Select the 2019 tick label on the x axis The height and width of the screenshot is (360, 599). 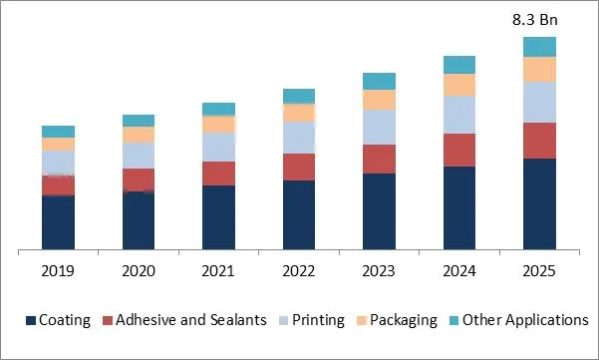(x=58, y=270)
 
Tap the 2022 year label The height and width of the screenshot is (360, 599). (x=299, y=270)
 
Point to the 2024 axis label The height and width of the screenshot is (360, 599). (x=459, y=270)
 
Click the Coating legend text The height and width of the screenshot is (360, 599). (x=65, y=320)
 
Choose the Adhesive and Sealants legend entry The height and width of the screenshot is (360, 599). (x=191, y=320)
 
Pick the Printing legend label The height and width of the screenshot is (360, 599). (x=318, y=320)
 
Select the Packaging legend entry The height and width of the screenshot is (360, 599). (x=403, y=320)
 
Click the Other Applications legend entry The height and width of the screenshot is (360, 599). (x=526, y=320)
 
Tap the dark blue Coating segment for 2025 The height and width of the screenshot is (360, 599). (x=539, y=203)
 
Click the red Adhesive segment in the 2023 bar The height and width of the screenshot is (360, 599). (x=379, y=159)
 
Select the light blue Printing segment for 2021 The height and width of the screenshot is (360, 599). (x=218, y=147)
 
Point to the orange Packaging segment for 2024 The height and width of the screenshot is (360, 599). (x=459, y=85)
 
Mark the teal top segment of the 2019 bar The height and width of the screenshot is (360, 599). (x=58, y=132)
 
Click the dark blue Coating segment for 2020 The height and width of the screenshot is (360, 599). (x=139, y=220)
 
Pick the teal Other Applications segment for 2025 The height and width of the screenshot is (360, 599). (x=539, y=46)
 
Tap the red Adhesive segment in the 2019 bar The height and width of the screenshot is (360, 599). (x=58, y=185)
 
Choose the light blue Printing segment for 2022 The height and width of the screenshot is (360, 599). (x=299, y=138)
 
